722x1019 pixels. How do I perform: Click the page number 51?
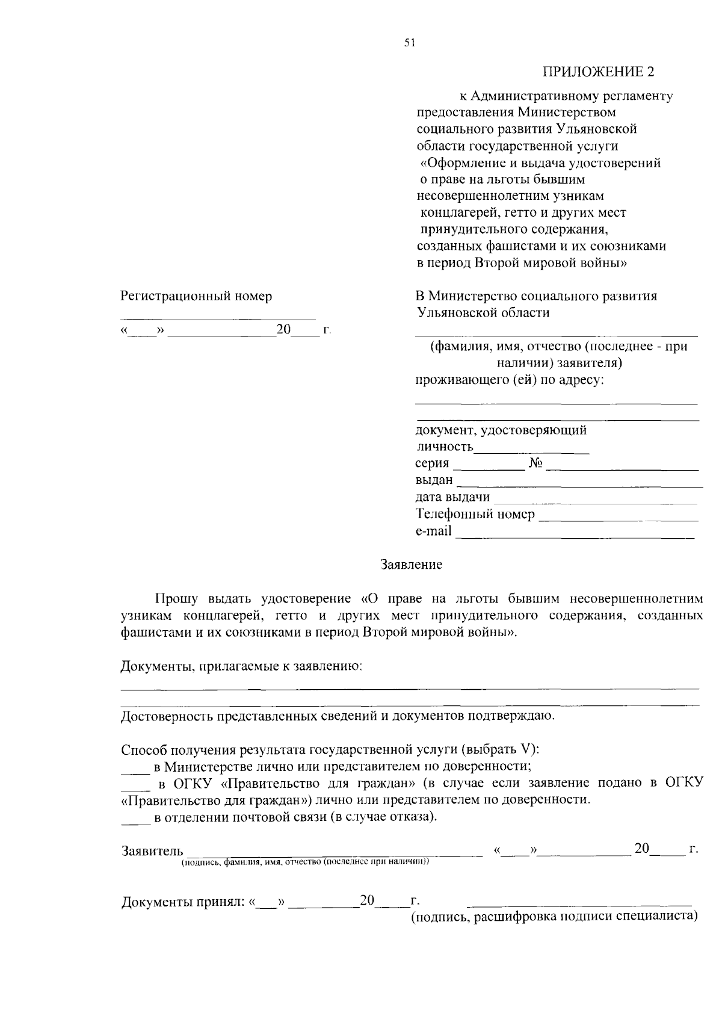[x=410, y=43]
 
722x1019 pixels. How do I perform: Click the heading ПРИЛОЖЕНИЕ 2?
[x=598, y=72]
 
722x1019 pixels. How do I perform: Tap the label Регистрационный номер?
[x=196, y=296]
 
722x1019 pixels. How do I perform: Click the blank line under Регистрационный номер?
[x=218, y=318]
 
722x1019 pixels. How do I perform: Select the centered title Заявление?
[x=411, y=565]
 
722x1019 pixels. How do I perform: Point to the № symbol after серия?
[x=536, y=463]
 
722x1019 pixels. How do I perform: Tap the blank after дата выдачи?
[x=595, y=501]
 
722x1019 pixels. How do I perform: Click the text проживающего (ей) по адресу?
[x=509, y=380]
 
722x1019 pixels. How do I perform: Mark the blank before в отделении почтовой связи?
[x=135, y=822]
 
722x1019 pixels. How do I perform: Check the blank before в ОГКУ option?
[x=135, y=788]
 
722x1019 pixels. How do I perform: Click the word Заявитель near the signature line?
[x=152, y=850]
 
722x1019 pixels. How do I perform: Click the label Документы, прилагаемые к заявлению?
[x=241, y=666]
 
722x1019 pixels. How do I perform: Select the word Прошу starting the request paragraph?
[x=176, y=599]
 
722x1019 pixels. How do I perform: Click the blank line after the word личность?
[x=531, y=450]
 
